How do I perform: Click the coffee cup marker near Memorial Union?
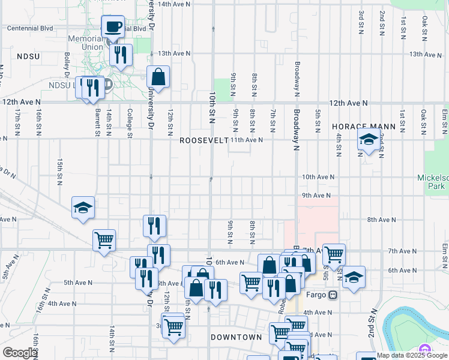113,28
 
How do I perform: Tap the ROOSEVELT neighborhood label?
204,140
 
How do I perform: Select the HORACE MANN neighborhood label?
364,127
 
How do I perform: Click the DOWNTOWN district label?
237,337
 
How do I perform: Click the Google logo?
19,353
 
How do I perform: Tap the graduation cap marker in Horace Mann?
369,141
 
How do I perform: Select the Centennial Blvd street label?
29,28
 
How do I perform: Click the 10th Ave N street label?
317,178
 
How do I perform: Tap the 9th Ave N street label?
317,196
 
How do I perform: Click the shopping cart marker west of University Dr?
104,241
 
